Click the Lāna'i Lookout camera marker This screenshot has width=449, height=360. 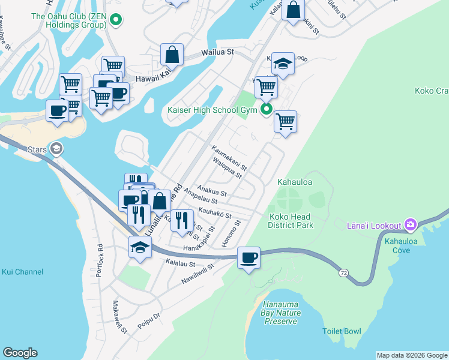point(411,225)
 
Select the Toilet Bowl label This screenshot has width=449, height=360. point(342,331)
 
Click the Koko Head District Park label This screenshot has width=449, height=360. point(291,221)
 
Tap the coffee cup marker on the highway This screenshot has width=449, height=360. point(249,259)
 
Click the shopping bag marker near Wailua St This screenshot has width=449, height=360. point(172,54)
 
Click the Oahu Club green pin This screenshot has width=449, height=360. point(116,22)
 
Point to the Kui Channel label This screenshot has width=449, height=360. point(22,272)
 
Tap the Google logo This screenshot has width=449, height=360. point(20,353)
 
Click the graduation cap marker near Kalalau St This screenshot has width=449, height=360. point(140,247)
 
